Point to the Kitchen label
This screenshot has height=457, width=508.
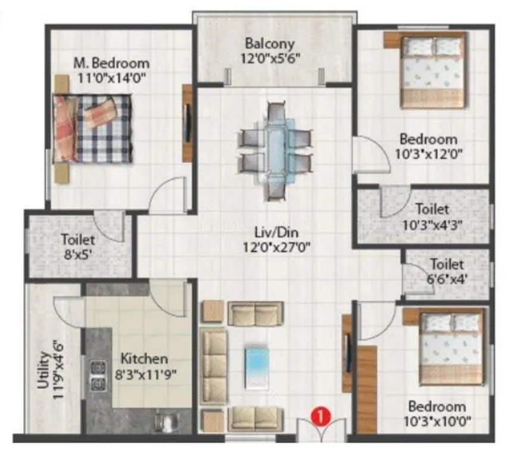144,359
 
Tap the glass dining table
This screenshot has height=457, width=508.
275,151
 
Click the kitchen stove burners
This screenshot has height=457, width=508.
97,375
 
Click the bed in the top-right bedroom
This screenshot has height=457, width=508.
432,70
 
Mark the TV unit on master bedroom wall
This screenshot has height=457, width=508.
188,123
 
